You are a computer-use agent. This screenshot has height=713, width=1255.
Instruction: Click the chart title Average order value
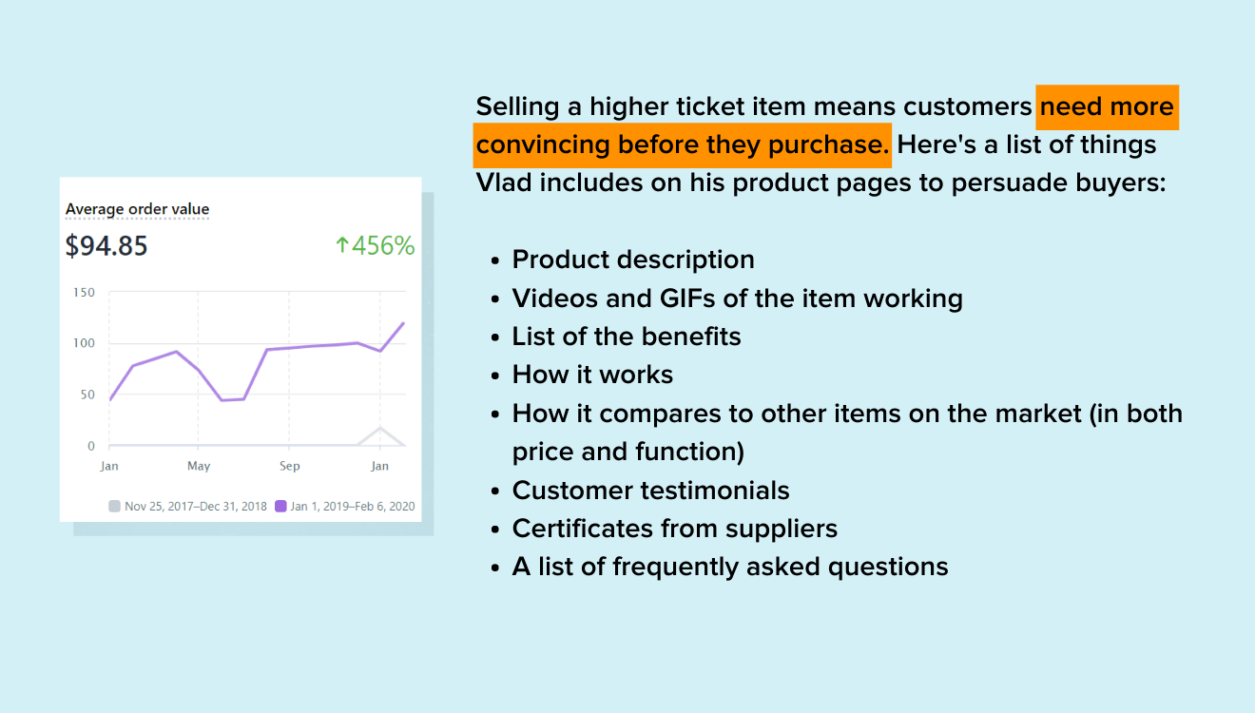point(137,209)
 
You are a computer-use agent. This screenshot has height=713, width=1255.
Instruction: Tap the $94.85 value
point(106,246)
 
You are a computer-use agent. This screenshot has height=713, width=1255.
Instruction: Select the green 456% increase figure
point(375,246)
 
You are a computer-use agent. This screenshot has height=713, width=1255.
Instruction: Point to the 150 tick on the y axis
point(84,292)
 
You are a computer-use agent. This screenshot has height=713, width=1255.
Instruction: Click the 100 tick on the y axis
point(84,343)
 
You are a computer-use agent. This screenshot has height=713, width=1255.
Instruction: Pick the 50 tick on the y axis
point(87,395)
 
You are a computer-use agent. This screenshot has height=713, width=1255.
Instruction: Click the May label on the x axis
point(199,466)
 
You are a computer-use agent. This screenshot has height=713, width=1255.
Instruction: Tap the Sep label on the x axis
point(289,466)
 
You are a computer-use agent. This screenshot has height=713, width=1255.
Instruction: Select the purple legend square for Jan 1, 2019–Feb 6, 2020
point(280,507)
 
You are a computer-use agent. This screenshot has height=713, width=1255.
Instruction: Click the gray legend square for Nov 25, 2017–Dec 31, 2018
point(115,507)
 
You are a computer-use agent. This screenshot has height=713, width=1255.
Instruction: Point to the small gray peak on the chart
point(379,428)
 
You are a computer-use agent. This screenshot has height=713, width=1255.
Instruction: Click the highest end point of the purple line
point(404,323)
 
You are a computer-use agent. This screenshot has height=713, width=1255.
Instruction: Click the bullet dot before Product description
point(495,261)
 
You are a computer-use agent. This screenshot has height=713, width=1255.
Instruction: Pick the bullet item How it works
point(592,376)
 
